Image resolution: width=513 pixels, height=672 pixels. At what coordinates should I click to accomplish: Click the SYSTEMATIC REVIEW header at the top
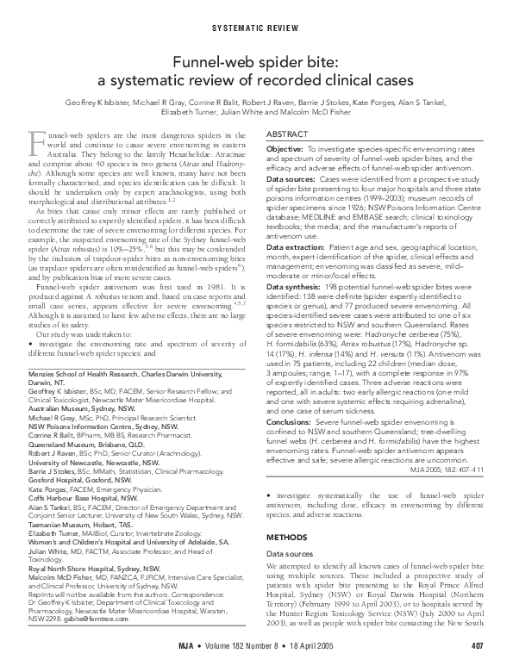click(x=256, y=27)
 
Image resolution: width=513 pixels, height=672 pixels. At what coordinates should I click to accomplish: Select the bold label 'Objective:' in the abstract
click(x=285, y=150)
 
